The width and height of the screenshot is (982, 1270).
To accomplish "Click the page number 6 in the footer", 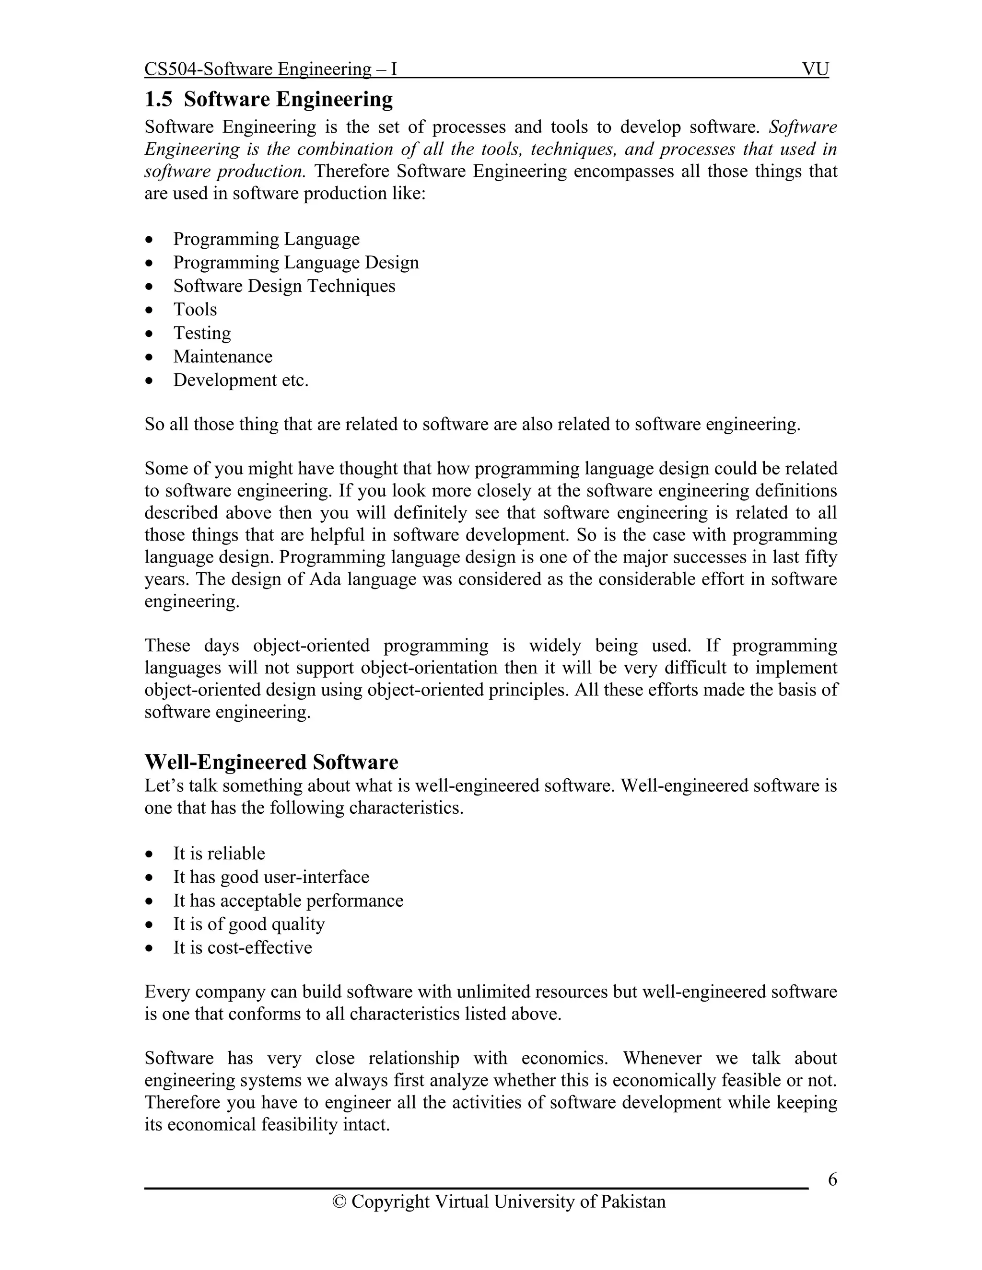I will (832, 1179).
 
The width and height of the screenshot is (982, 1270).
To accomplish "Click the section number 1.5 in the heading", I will (158, 99).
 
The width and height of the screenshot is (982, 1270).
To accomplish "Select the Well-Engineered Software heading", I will (271, 762).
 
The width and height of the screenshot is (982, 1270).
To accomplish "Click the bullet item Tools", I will (195, 310).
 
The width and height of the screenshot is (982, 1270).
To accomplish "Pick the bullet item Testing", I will (202, 333).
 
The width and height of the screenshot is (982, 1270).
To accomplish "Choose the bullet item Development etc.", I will (240, 381).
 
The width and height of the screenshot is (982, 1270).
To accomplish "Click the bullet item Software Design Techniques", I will (284, 286).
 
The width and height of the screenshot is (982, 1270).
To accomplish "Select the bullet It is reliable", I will (219, 854).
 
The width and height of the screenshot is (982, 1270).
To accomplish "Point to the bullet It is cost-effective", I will (242, 947).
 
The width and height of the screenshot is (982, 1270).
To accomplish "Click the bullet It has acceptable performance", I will (288, 901).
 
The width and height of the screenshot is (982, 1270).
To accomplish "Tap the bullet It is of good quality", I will (248, 924).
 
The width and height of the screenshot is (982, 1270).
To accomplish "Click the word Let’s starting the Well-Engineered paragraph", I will (164, 785).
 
